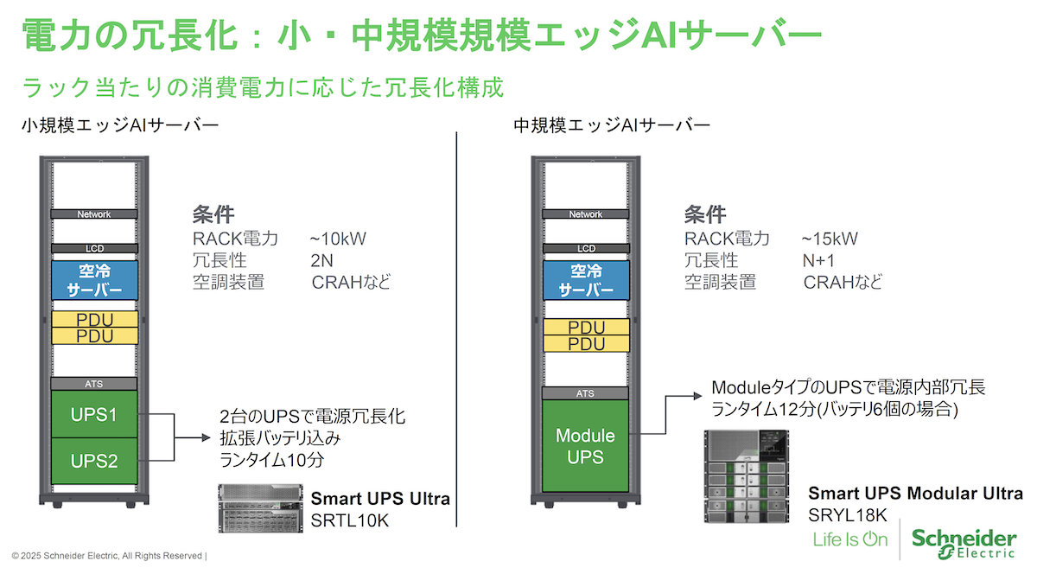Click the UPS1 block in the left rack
[94, 414]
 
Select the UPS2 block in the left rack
[94, 460]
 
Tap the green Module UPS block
[585, 445]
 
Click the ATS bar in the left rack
[94, 383]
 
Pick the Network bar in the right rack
[585, 214]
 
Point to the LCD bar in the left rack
[94, 248]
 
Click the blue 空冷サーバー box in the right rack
[585, 279]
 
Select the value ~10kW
[338, 239]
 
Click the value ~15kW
[830, 239]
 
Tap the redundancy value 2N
[321, 260]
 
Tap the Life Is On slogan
[850, 539]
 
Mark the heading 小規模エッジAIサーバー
[121, 126]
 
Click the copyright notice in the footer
[108, 555]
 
